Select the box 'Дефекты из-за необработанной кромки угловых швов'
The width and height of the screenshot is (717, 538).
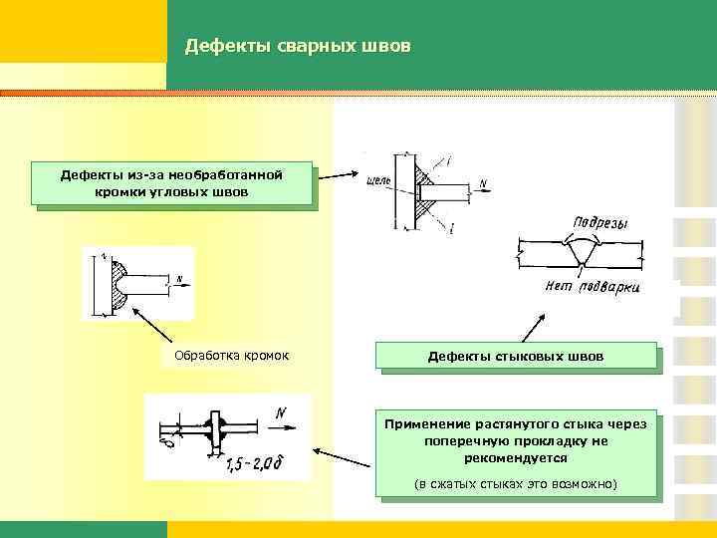pyautogui.click(x=171, y=183)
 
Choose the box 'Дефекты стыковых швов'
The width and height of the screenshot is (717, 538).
pyautogui.click(x=516, y=356)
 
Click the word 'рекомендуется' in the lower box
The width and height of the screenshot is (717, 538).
pyautogui.click(x=516, y=458)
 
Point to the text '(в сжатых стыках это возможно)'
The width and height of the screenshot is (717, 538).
pyautogui.click(x=516, y=484)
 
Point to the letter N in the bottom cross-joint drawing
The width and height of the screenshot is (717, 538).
pyautogui.click(x=281, y=410)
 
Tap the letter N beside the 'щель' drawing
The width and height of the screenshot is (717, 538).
pyautogui.click(x=482, y=183)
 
